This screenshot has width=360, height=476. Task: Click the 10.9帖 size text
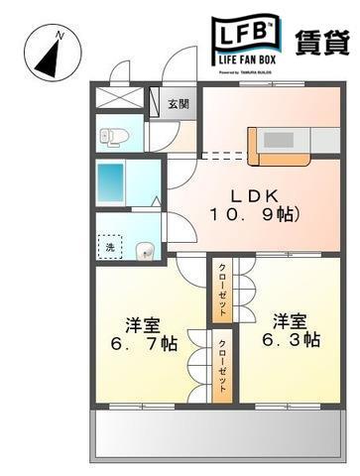[254, 214]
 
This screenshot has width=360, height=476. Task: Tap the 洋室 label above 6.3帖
[290, 319]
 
